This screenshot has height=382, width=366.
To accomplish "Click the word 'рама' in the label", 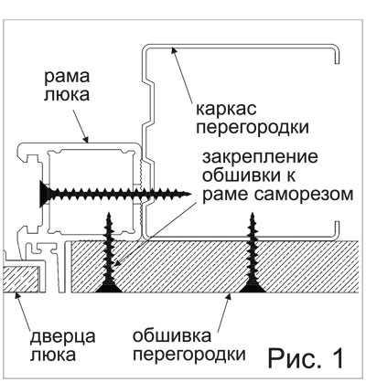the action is [67, 78].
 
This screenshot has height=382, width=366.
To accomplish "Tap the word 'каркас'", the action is [226, 110].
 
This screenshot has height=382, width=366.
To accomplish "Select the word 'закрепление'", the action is [260, 157].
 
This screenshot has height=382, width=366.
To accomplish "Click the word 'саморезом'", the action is [303, 195].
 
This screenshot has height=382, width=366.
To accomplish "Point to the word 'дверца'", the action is [63, 337].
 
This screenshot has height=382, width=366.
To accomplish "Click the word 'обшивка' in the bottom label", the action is [172, 336].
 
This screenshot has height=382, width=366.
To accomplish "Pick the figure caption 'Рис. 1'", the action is [306, 357].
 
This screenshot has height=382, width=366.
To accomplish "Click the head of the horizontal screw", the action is [45, 193].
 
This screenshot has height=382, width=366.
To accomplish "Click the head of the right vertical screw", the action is [253, 286].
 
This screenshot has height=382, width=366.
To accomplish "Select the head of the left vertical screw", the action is [109, 286].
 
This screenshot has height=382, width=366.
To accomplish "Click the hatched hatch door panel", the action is [21, 279].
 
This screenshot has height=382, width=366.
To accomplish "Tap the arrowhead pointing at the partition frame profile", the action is [173, 49].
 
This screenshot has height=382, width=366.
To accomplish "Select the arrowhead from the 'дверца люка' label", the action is [17, 296].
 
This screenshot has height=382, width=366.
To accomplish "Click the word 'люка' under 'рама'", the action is [67, 94].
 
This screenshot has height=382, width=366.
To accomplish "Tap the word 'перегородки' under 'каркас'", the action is [253, 128].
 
